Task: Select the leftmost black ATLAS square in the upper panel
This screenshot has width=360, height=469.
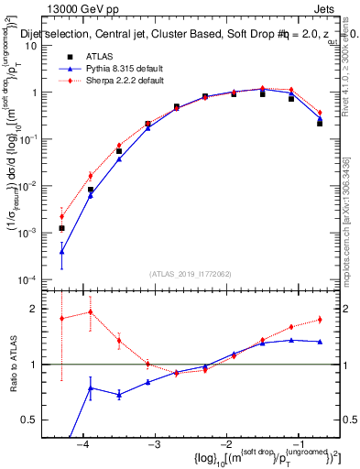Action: point(61,228)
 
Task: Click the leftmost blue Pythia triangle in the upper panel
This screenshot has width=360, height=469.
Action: point(61,251)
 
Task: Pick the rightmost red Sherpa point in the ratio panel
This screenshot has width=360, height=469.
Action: point(320,319)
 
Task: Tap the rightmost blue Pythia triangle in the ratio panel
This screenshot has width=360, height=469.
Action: point(320,342)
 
